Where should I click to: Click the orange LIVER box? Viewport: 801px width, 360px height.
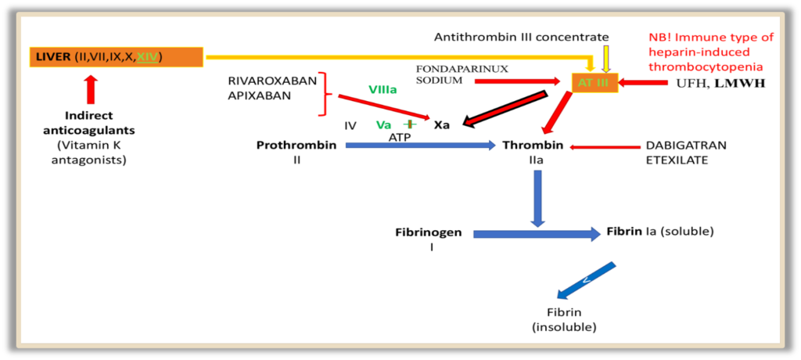click(x=115, y=56)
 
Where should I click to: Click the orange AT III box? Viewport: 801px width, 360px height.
click(x=594, y=82)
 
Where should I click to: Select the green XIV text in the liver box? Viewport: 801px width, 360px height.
click(x=148, y=56)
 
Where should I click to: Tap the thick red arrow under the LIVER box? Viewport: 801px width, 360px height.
click(x=91, y=89)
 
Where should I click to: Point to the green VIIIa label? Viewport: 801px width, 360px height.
click(x=383, y=90)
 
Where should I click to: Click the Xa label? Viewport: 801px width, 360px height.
click(x=442, y=124)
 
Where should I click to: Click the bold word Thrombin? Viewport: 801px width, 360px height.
click(x=532, y=146)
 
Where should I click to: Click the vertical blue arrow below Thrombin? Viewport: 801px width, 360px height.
click(x=538, y=198)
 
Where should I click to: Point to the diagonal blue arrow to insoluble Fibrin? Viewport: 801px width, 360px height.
click(x=587, y=280)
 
